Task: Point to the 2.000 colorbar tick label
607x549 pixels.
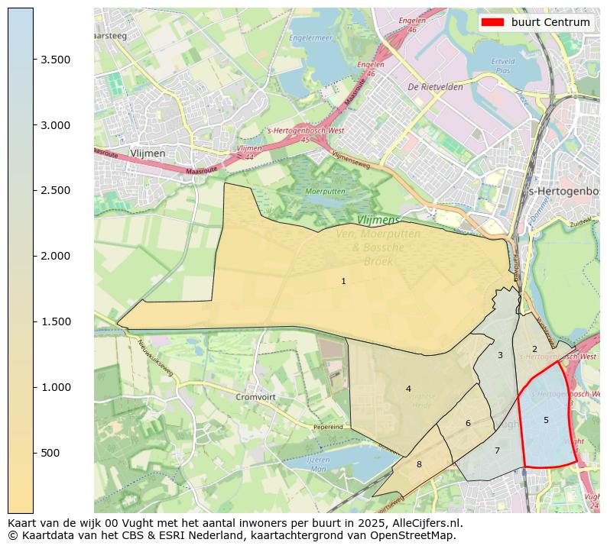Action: pos(55,256)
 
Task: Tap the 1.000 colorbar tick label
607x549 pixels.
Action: pos(55,387)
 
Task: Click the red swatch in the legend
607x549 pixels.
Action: pos(493,22)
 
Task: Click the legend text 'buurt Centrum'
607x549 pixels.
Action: pos(550,22)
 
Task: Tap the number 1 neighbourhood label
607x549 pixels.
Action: pos(343,281)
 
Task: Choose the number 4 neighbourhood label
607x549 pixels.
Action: pos(408,389)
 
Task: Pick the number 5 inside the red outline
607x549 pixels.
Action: pos(546,420)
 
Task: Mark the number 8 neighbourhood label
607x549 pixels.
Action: pos(419,463)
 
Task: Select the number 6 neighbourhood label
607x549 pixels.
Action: pos(468,423)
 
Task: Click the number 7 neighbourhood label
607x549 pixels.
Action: pos(497,451)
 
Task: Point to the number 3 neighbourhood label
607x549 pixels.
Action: pos(500,355)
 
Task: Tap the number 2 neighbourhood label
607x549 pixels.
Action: pos(534,349)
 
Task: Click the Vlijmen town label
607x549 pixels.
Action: pos(148,153)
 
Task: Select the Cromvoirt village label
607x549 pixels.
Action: pos(255,398)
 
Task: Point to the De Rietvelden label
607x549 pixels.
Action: pos(435,87)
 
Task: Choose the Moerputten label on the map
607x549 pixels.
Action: pos(326,191)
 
